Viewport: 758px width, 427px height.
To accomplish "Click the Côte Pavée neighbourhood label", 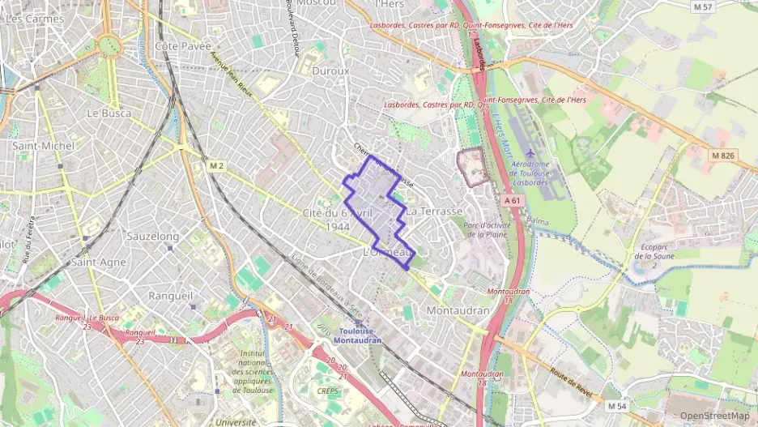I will tap(182, 46).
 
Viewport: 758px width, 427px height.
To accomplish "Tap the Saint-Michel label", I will tap(32, 146).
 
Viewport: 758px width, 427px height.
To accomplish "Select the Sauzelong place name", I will tap(153, 236).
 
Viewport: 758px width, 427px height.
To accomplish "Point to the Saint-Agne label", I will tap(98, 263).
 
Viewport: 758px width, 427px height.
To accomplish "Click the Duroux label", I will tap(330, 71).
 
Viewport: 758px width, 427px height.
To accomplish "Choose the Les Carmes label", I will tap(34, 18).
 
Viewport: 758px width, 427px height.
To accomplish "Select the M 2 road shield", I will tap(215, 166).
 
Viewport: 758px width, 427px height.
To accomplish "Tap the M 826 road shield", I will tap(722, 155).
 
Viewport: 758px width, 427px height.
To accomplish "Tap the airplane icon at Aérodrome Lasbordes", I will tap(530, 152).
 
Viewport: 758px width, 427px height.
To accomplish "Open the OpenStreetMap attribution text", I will tap(713, 416).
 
